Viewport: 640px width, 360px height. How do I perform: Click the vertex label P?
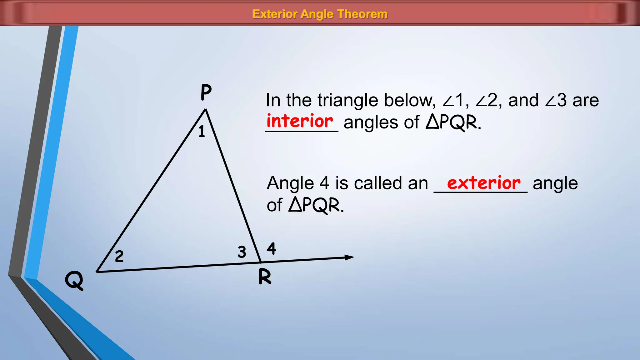tap(206, 92)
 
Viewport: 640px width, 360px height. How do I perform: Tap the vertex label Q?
tap(74, 280)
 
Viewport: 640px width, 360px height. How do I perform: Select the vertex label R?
tap(265, 277)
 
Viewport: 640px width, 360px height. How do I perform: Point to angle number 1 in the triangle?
tap(202, 131)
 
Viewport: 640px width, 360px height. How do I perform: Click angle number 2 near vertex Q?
tap(119, 257)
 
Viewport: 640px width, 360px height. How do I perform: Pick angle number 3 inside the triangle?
tap(242, 252)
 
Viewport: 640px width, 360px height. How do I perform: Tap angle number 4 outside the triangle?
tap(271, 249)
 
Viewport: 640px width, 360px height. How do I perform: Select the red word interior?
tap(300, 121)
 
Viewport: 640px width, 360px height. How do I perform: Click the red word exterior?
tap(483, 183)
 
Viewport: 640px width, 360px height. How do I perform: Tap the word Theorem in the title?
tap(362, 14)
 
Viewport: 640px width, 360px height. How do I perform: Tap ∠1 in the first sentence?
tap(453, 101)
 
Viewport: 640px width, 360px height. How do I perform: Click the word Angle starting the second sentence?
tap(290, 184)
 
